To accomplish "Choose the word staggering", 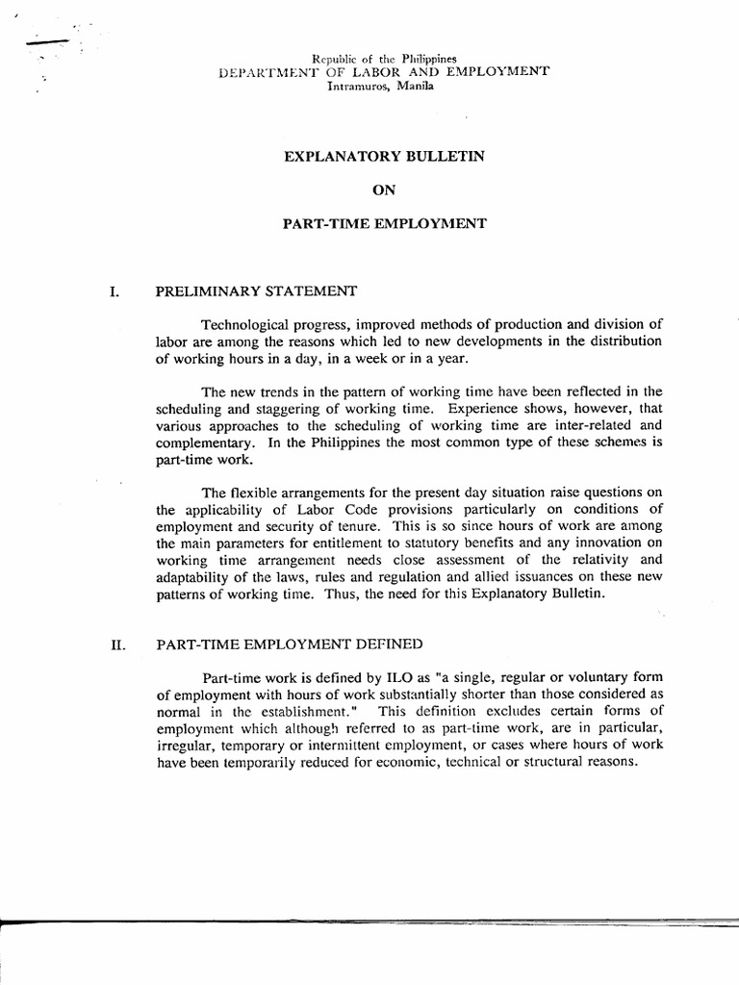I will [x=262, y=408].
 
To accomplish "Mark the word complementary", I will [x=200, y=442].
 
